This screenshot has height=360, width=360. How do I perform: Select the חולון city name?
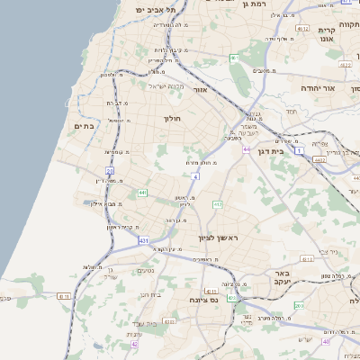pyautogui.click(x=173, y=118)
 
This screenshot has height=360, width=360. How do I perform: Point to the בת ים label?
pyautogui.click(x=83, y=127)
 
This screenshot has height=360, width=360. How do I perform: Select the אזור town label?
pyautogui.click(x=201, y=90)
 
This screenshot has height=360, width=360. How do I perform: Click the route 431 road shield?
pyautogui.click(x=144, y=240)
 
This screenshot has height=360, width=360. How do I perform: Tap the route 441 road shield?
pyautogui.click(x=142, y=193)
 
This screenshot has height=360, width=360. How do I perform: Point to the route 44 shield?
pyautogui.click(x=246, y=149)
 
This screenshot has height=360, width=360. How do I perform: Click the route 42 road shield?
pyautogui.click(x=135, y=344)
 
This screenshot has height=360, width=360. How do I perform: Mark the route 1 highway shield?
pyautogui.click(x=299, y=149)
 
